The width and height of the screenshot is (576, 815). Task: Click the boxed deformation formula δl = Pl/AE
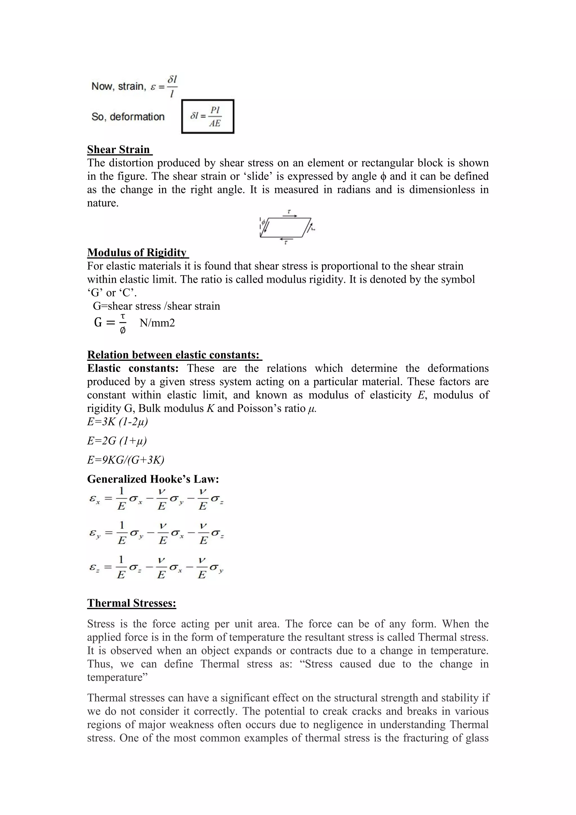click(x=208, y=117)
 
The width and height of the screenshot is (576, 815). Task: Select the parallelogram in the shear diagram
click(x=286, y=228)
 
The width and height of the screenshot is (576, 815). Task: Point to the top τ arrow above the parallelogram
click(x=290, y=216)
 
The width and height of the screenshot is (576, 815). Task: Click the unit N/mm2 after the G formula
click(x=157, y=323)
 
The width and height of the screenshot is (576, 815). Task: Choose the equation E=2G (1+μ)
click(x=117, y=441)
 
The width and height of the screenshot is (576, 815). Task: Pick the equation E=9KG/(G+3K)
click(x=125, y=460)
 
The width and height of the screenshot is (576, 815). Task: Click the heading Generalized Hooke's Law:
click(x=153, y=479)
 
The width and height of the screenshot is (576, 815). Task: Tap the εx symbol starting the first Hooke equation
click(x=94, y=499)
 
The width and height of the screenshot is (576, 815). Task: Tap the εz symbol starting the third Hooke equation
click(x=94, y=568)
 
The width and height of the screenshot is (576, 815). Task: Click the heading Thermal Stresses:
click(x=132, y=603)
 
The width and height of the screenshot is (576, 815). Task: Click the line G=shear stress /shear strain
click(x=156, y=306)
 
